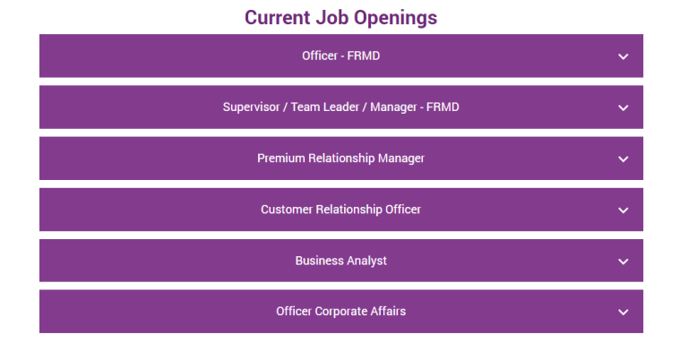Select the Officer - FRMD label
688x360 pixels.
pyautogui.click(x=340, y=56)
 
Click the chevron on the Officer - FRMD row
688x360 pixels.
pyautogui.click(x=623, y=56)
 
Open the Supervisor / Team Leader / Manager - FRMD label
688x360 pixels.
pyautogui.click(x=340, y=107)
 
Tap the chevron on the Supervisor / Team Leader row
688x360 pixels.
pyautogui.click(x=623, y=107)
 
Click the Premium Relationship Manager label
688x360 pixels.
pyautogui.click(x=340, y=159)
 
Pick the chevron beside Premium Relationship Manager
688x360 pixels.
pyautogui.click(x=623, y=159)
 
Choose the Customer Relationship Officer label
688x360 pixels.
pyautogui.click(x=340, y=210)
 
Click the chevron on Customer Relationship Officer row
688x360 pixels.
pyautogui.click(x=623, y=210)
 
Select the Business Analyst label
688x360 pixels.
pyautogui.click(x=340, y=261)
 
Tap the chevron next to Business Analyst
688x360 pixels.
pyautogui.click(x=623, y=261)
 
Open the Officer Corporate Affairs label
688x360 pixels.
pyautogui.click(x=340, y=312)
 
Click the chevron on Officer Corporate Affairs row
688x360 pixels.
pyautogui.click(x=623, y=312)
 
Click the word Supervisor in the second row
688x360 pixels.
pyautogui.click(x=251, y=107)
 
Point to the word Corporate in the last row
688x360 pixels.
pyautogui.click(x=341, y=312)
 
